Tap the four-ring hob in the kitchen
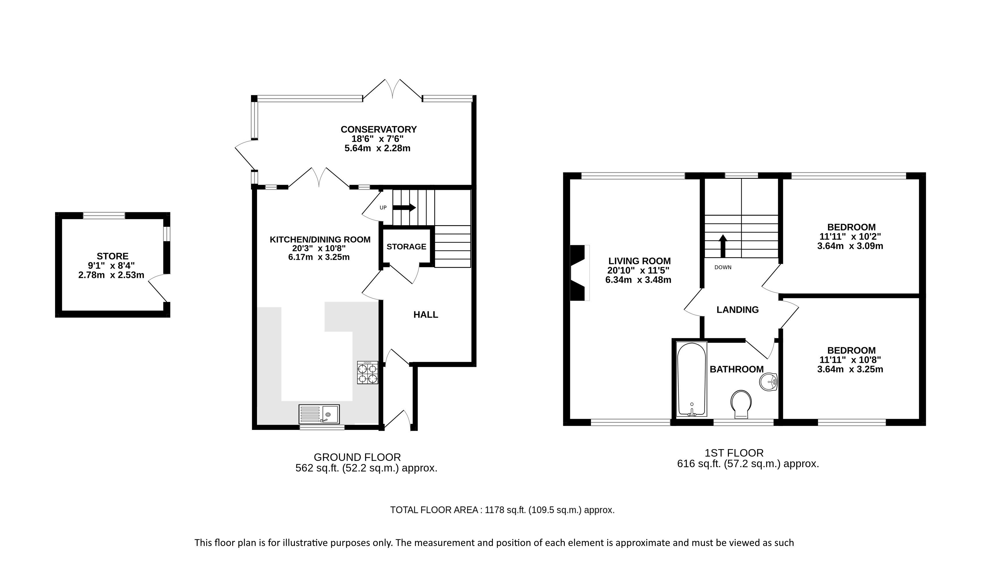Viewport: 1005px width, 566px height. pos(367,373)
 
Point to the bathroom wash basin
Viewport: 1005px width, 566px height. pos(769,382)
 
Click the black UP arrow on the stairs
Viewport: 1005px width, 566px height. pos(404,207)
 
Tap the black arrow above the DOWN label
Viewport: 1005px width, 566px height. pos(723,246)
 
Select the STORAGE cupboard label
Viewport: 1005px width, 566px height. pos(407,247)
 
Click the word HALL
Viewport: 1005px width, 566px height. pos(426,315)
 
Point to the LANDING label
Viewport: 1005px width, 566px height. pos(738,310)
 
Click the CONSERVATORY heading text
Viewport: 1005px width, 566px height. pos(379,129)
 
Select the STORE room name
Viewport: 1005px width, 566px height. pos(112,256)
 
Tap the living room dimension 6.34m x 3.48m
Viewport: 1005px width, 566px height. pos(638,280)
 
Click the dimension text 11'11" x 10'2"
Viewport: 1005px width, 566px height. pos(850,236)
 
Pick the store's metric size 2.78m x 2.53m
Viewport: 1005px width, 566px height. pos(111,275)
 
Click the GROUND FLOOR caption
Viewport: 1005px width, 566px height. pos(357,457)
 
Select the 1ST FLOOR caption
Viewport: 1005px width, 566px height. pos(734,453)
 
